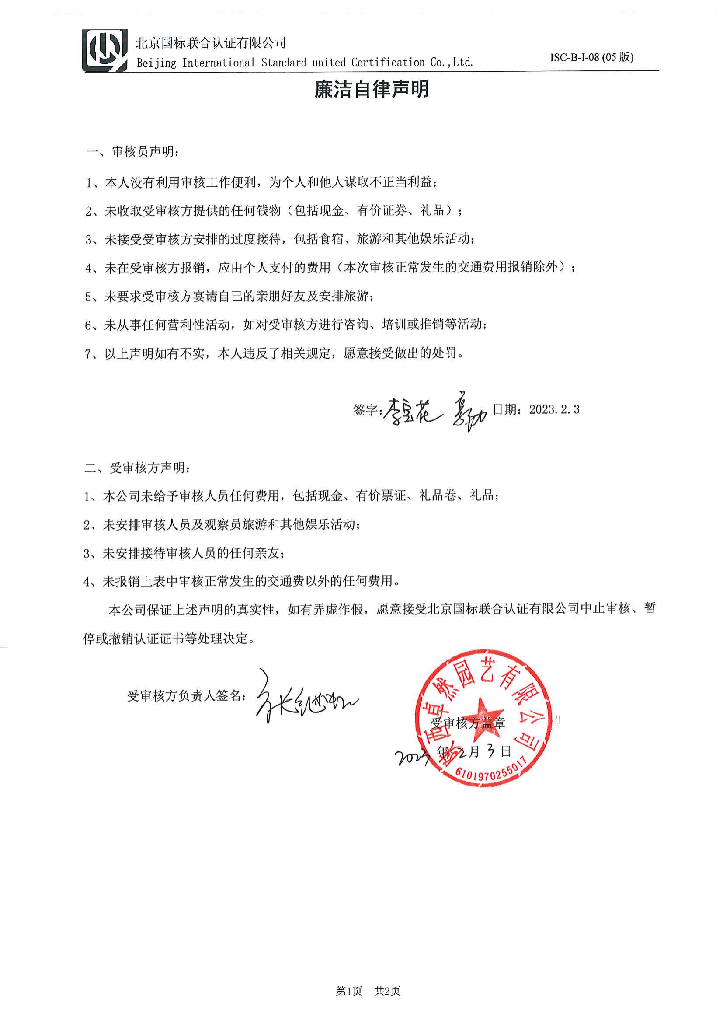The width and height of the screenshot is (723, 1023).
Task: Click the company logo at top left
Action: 104,50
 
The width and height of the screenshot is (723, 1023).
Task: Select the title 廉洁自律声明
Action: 371,89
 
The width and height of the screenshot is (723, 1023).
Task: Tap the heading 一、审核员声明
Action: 133,152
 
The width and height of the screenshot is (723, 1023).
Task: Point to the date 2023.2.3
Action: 554,410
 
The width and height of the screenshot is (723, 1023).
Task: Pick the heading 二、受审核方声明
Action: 138,468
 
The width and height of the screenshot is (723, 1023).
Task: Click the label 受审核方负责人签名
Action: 186,696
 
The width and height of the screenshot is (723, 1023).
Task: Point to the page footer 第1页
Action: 348,991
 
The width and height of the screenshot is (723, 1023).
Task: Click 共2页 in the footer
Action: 387,991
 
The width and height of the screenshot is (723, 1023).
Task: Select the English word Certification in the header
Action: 388,63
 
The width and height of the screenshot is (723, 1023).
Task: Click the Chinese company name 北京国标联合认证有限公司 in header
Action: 211,43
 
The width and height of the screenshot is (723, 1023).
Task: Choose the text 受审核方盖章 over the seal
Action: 468,723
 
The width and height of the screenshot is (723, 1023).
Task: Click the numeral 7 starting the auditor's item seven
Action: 89,354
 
